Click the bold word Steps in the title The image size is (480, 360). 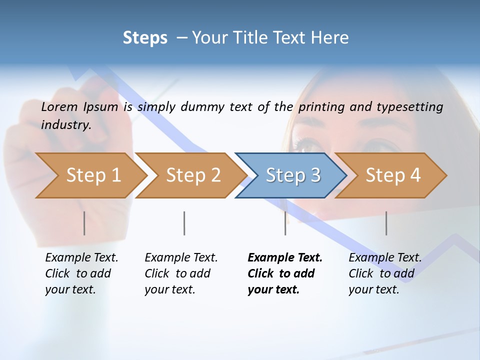tap(145, 38)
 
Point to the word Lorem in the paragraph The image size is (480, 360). tap(59, 106)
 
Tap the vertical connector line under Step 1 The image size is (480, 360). tap(84, 223)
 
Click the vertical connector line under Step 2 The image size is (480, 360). tap(184, 223)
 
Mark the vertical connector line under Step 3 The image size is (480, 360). tap(285, 223)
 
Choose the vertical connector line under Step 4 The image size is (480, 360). tap(386, 223)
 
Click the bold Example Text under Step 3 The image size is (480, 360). tap(285, 258)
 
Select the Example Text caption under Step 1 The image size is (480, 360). tap(81, 258)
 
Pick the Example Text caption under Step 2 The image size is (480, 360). tap(181, 258)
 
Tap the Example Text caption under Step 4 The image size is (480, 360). tap(385, 258)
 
